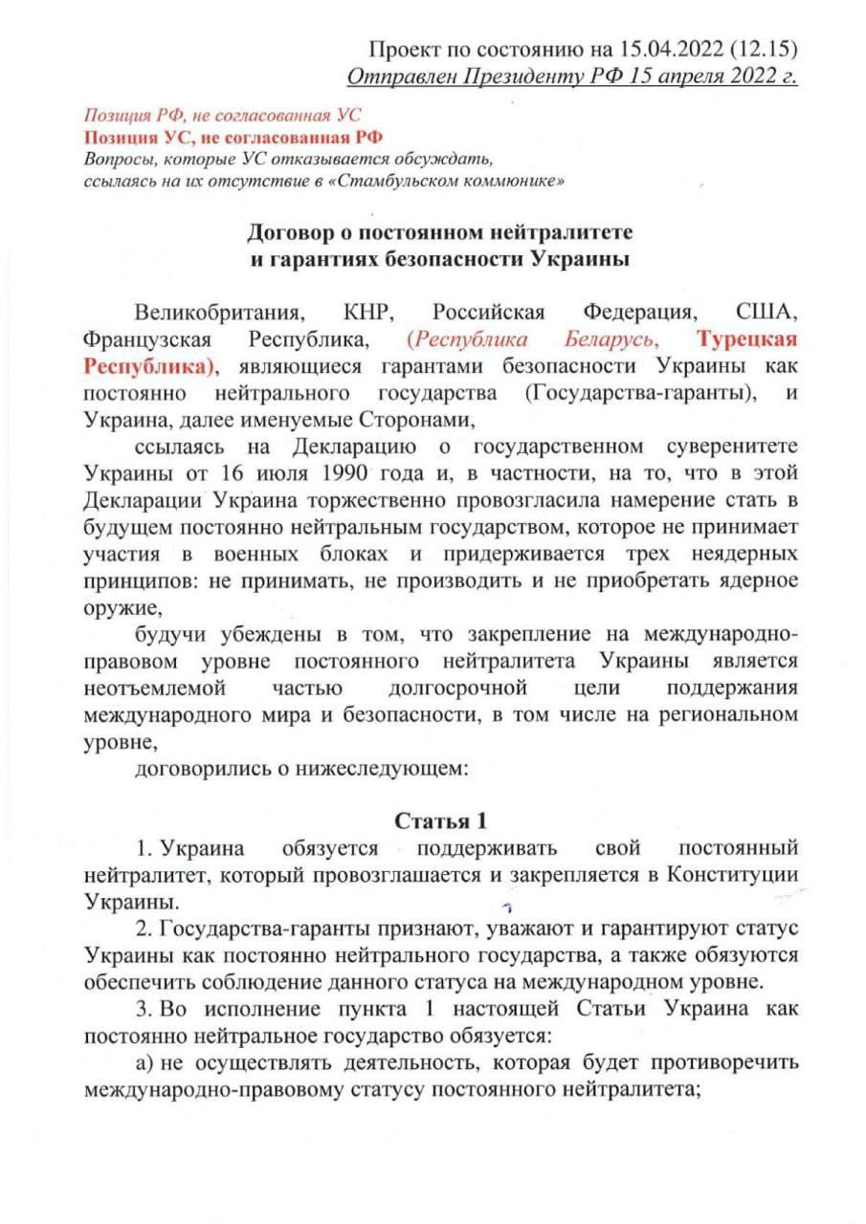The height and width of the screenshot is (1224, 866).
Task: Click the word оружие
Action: pyautogui.click(x=118, y=608)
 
